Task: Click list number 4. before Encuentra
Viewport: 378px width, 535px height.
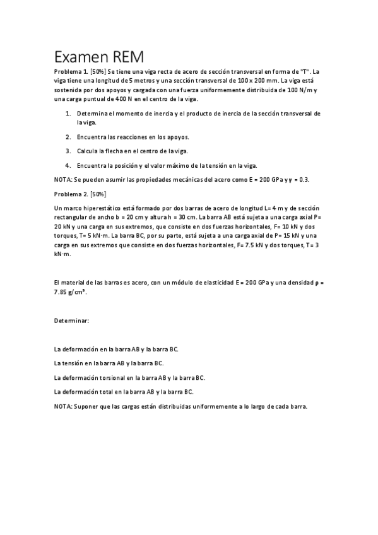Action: pos(68,165)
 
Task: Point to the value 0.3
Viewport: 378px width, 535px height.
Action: pos(302,180)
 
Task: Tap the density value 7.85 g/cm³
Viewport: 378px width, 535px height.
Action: pos(71,293)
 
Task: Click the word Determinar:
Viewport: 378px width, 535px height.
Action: pos(72,320)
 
